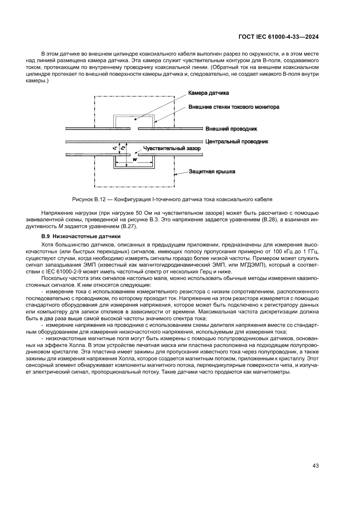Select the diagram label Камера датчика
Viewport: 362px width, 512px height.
[208, 93]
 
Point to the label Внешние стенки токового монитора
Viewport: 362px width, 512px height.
[234, 106]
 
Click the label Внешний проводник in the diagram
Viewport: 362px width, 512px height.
[231, 129]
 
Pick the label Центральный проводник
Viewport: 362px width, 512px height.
[236, 141]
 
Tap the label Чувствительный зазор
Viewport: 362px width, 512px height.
[169, 148]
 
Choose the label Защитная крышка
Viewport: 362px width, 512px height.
[212, 171]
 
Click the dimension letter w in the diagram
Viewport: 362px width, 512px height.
[134, 160]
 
